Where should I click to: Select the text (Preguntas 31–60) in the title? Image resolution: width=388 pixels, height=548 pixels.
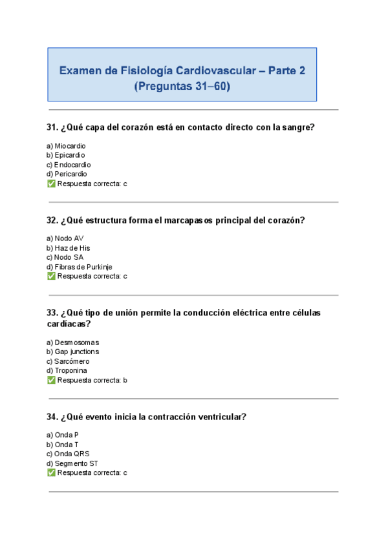182,86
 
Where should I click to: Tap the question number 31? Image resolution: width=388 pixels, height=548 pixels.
52,127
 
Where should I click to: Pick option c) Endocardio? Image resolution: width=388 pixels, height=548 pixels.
69,165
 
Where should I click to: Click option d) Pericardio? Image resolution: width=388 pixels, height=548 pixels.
67,174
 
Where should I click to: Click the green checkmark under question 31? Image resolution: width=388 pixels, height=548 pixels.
51,184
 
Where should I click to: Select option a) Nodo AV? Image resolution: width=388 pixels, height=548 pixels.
65,238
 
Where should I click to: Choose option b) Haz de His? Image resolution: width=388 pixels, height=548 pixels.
69,248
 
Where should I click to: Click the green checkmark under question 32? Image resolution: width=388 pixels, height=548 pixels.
51,277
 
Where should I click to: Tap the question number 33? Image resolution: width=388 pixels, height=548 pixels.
52,313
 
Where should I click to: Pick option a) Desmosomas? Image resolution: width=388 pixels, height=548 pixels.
72,342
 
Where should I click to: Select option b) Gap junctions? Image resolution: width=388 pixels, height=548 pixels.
73,352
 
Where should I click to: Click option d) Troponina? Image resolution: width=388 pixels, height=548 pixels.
67,371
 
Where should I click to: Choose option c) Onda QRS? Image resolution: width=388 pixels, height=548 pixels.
68,454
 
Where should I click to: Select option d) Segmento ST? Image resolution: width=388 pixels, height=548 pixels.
72,463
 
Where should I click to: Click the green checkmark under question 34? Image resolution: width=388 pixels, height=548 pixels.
51,473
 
